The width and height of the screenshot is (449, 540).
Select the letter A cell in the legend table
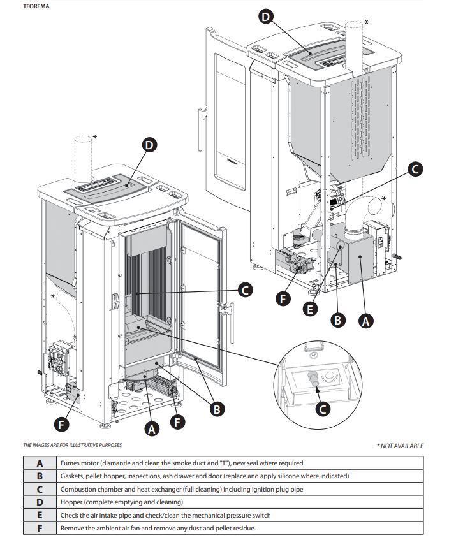click(40, 463)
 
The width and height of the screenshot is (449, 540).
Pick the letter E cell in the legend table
click(40, 515)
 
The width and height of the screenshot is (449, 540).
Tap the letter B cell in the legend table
click(40, 476)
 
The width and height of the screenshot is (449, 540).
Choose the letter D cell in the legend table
click(40, 502)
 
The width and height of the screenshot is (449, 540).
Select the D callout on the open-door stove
click(149, 145)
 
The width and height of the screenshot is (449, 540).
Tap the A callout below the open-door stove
click(151, 430)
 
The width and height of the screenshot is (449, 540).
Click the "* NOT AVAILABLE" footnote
click(400, 446)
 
